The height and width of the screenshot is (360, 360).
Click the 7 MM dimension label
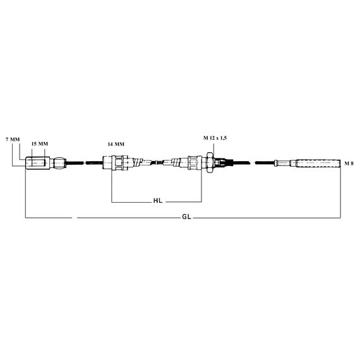(x=13, y=140)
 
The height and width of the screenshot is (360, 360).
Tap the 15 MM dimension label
(x=40, y=144)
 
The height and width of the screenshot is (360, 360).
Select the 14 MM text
(x=116, y=144)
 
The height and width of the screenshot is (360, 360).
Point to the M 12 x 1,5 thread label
(x=215, y=138)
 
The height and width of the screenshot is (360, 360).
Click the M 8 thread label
(x=349, y=164)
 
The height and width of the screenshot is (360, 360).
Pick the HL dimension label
(x=158, y=201)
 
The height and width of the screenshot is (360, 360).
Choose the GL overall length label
(x=186, y=217)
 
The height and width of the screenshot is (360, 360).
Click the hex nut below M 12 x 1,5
(x=210, y=162)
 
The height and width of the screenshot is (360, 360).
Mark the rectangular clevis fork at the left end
(x=37, y=163)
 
